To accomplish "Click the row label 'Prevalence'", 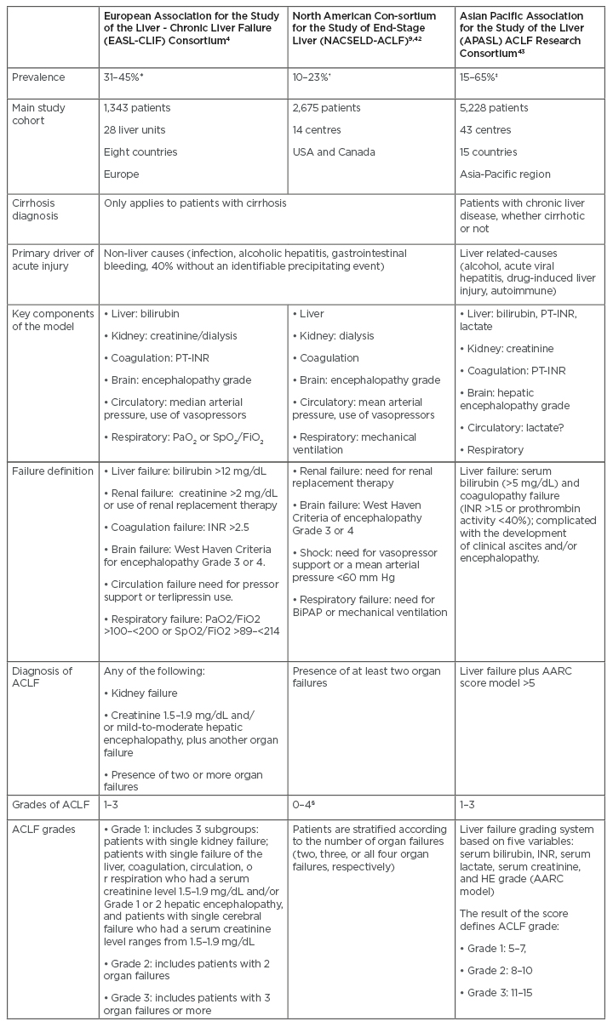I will coord(38,77).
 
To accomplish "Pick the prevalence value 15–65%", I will coord(483,77).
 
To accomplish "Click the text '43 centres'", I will coord(486,130).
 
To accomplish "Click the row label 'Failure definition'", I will coord(52,470).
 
